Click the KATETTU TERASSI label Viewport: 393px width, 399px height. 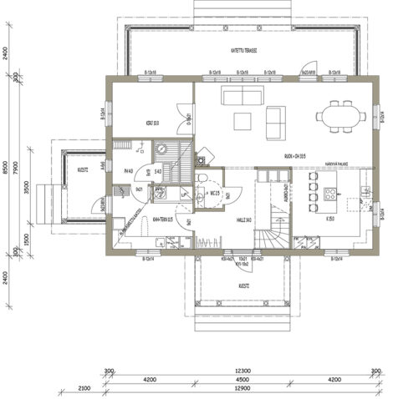pyautogui.click(x=243, y=50)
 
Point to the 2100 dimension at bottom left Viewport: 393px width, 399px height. pyautogui.click(x=84, y=389)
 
